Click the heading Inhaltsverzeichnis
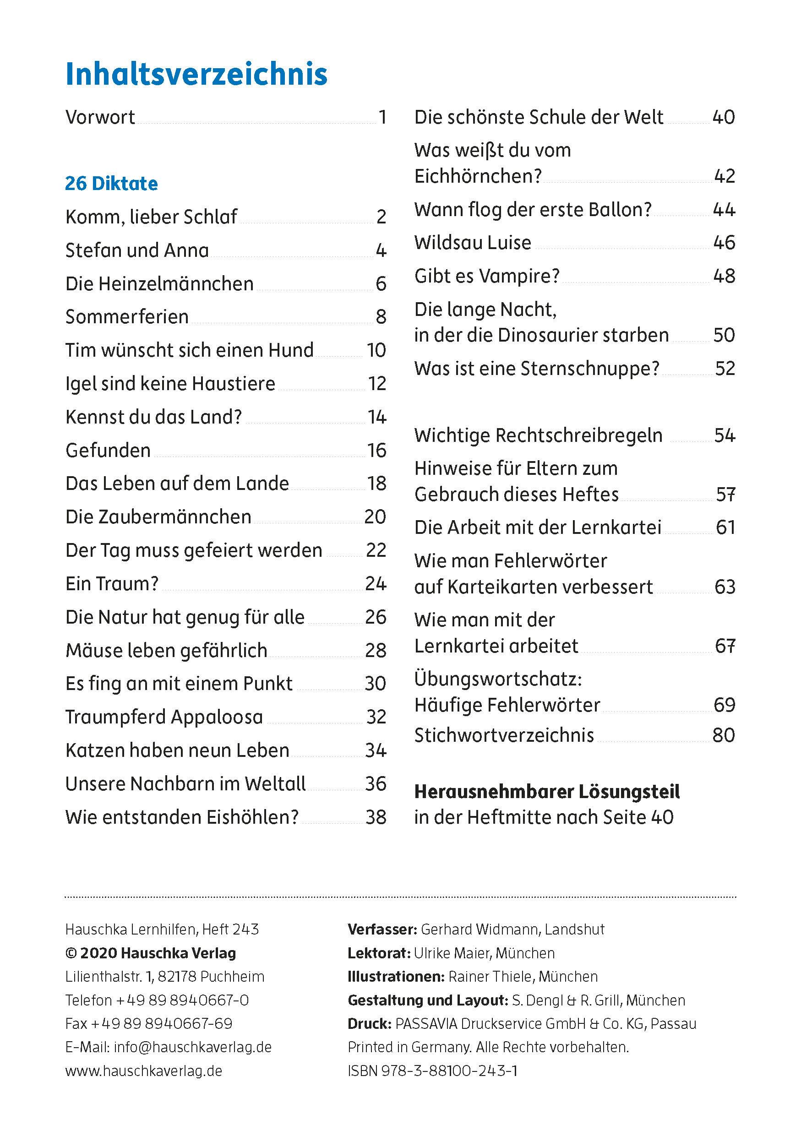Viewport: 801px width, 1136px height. (196, 74)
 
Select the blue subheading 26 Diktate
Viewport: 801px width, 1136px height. (111, 184)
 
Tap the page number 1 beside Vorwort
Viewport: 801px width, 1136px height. (382, 117)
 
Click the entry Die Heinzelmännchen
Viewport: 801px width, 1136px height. (159, 284)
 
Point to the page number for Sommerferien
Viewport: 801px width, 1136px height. (381, 317)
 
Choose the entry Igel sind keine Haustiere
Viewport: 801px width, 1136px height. (170, 383)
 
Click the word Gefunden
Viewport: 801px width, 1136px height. (108, 450)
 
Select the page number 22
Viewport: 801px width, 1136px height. (376, 550)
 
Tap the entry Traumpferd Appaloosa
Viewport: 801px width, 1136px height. (164, 717)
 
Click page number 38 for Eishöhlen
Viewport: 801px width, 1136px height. (376, 817)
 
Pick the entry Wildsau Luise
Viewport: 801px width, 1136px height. (473, 242)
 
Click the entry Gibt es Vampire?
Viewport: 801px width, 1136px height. (487, 276)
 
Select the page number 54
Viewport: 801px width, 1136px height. (725, 435)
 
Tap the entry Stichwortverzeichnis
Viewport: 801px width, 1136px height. (504, 735)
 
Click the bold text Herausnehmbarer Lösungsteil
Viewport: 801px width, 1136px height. (547, 792)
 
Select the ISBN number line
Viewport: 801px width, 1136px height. (432, 1071)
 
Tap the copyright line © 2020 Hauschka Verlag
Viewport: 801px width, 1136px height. (150, 953)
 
